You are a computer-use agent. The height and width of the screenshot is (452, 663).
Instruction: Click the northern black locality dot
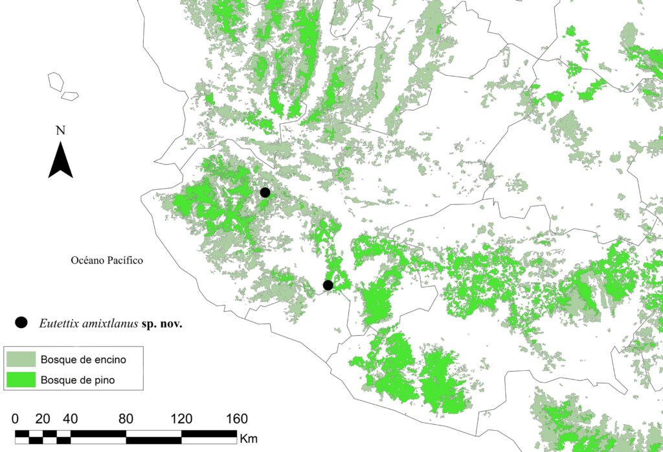265,192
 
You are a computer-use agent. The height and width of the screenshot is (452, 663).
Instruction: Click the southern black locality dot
328,285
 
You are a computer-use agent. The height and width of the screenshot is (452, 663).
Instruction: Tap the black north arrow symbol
60,161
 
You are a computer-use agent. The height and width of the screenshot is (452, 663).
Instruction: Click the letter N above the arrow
60,130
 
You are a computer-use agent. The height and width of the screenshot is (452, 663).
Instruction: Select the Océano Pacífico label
106,261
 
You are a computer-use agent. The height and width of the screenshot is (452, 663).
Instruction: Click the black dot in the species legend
21,322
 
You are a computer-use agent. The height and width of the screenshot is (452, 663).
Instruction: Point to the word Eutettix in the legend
56,323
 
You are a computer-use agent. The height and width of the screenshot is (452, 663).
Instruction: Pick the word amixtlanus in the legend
106,323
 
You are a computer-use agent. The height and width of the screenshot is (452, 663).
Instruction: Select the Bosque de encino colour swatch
21,359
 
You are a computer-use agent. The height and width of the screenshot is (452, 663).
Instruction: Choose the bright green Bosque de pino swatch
21,380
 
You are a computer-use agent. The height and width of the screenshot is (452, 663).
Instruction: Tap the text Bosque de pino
77,380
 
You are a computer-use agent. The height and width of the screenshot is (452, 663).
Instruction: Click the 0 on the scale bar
16,417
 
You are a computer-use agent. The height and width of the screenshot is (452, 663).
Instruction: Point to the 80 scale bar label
126,417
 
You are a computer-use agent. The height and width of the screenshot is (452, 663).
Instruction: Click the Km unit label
249,438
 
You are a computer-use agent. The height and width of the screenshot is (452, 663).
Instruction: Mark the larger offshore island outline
56,81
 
